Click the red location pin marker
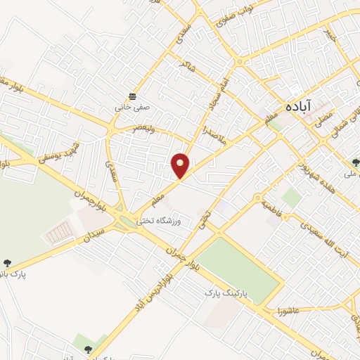tap(181, 165)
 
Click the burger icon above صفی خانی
tap(132, 96)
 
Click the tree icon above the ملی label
tap(356, 161)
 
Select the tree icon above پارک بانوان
tap(8, 264)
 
